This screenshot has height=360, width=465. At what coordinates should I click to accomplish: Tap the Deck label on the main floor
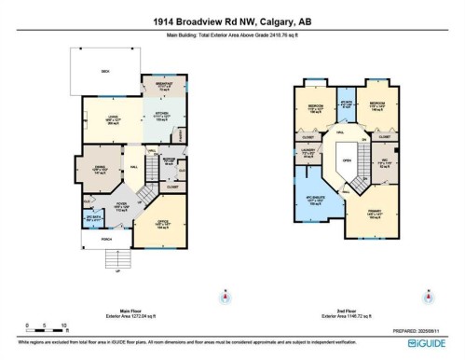[105, 70]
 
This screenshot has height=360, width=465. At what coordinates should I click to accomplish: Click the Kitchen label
[160, 117]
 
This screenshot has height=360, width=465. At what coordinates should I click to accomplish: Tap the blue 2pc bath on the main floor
[93, 222]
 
